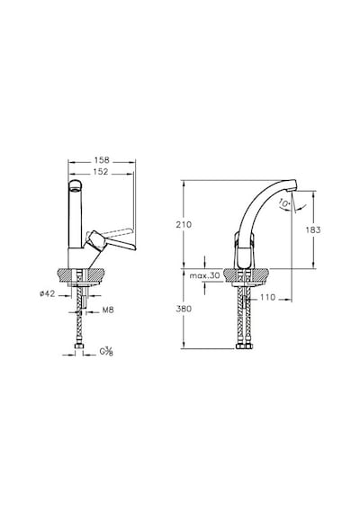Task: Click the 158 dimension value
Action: [102, 160]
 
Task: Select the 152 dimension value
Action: [101, 172]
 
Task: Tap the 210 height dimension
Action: [184, 225]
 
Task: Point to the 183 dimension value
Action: [313, 230]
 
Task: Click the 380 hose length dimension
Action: [184, 309]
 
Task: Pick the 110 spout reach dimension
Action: [268, 298]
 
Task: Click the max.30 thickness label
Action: [205, 275]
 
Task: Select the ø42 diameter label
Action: [47, 293]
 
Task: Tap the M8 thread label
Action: [108, 310]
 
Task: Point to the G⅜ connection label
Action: [106, 352]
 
